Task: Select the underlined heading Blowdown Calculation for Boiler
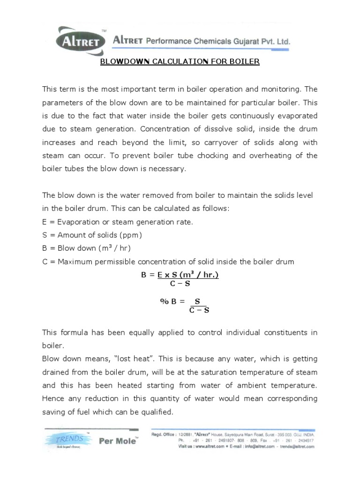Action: coord(180,62)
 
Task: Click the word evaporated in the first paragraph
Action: coord(295,115)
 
